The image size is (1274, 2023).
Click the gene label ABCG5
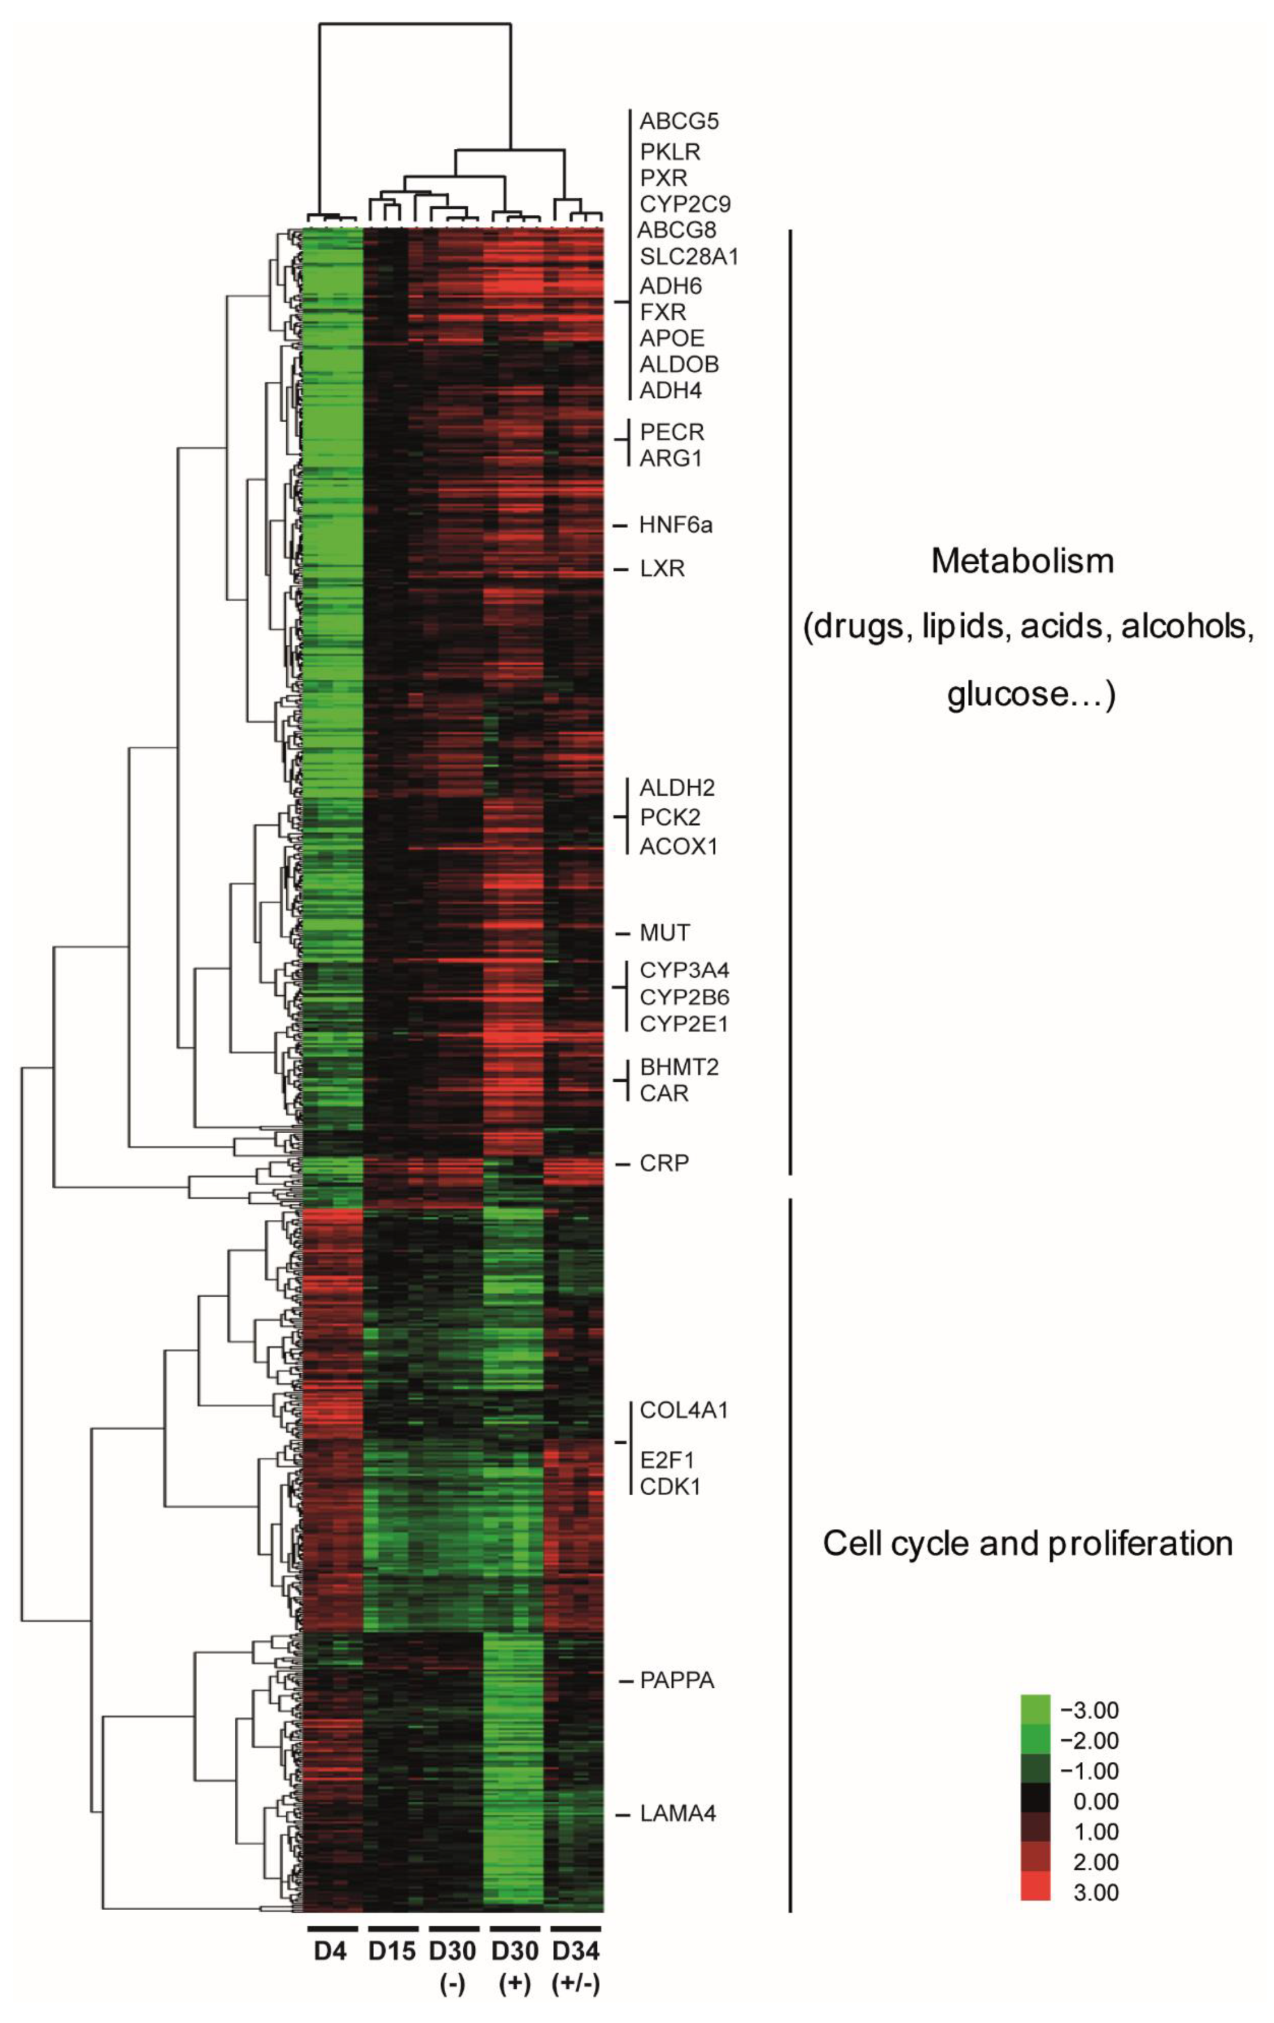[678, 121]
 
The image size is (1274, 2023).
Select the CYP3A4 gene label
[684, 970]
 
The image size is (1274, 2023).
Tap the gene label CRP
[664, 1163]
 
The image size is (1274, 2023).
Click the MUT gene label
[664, 933]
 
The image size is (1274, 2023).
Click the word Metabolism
[1022, 561]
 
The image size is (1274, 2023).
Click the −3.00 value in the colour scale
[1089, 1711]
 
